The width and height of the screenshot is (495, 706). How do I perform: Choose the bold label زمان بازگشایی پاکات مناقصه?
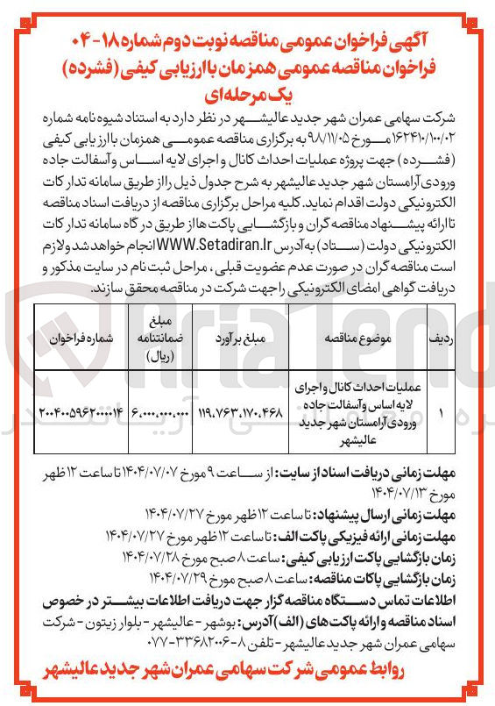tap(404, 579)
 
